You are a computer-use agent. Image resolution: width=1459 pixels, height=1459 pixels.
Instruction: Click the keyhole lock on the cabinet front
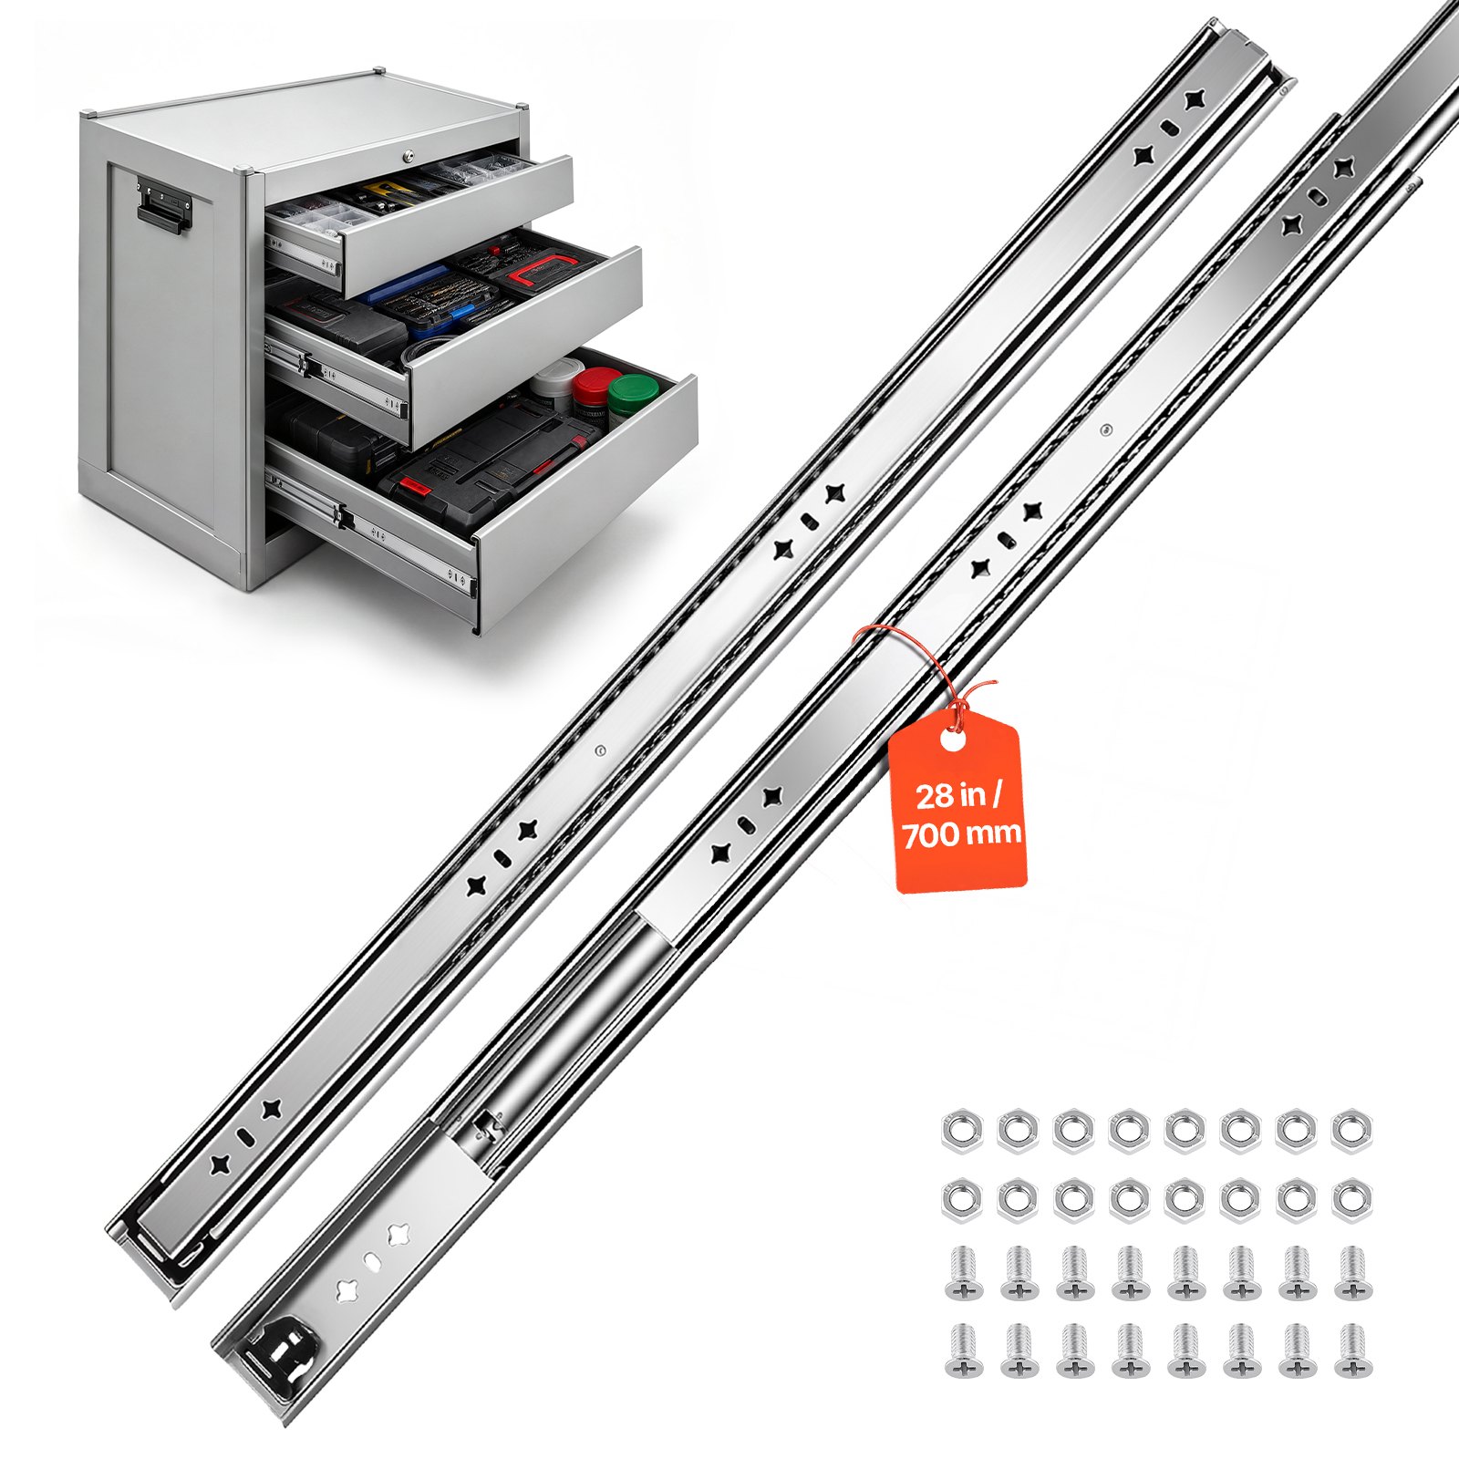pos(408,157)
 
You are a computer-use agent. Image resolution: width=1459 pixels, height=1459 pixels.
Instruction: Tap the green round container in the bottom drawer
pos(633,394)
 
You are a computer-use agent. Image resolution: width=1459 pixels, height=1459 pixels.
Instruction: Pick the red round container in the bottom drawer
pos(594,388)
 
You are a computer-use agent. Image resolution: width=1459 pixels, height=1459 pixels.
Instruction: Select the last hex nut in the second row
pos(1351,1202)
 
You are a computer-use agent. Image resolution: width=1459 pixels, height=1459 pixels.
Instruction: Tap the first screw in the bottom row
pos(963,1350)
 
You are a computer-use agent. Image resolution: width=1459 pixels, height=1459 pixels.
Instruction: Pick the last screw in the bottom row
pos(1353,1350)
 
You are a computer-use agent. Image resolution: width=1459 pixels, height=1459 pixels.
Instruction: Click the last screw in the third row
pos(1353,1273)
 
